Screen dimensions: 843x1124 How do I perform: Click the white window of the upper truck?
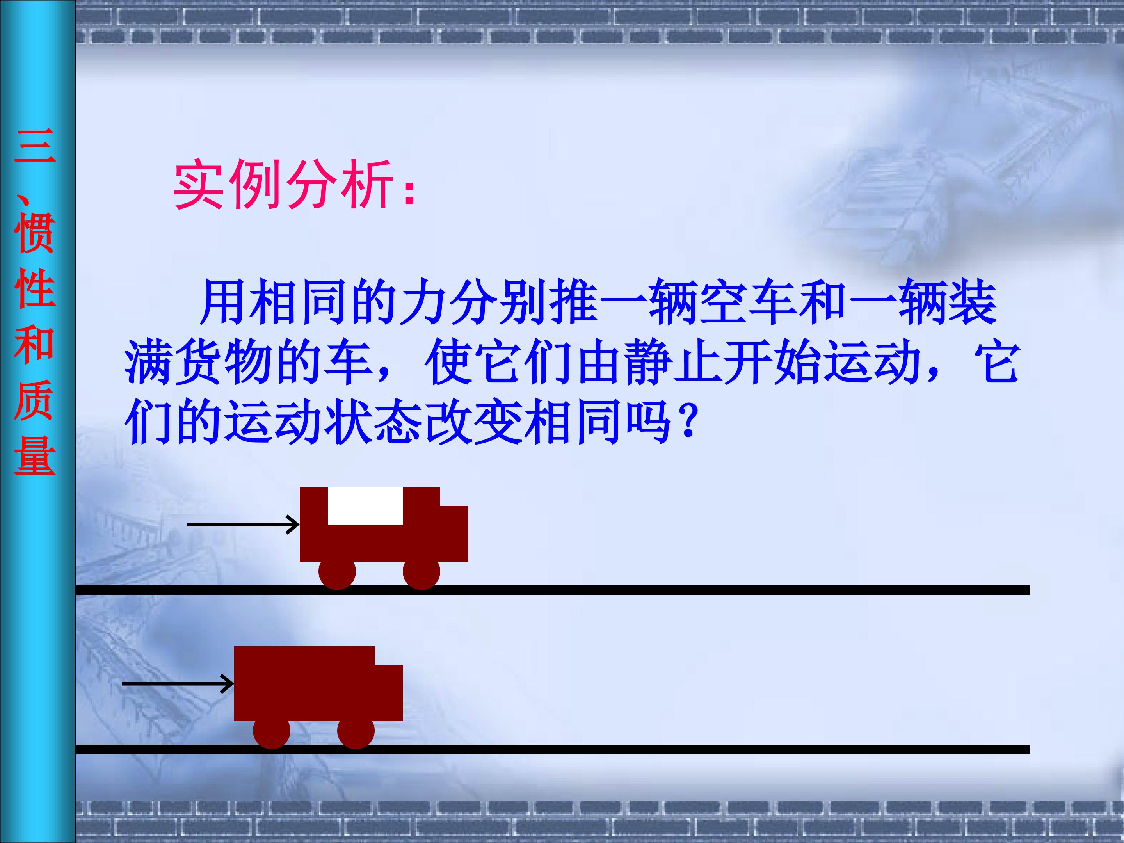(365, 505)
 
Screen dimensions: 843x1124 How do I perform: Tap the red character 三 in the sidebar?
(35, 146)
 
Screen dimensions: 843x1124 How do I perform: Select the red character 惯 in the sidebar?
(35, 233)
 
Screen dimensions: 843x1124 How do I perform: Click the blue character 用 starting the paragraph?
(224, 303)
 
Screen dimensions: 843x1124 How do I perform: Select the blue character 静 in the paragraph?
(648, 362)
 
